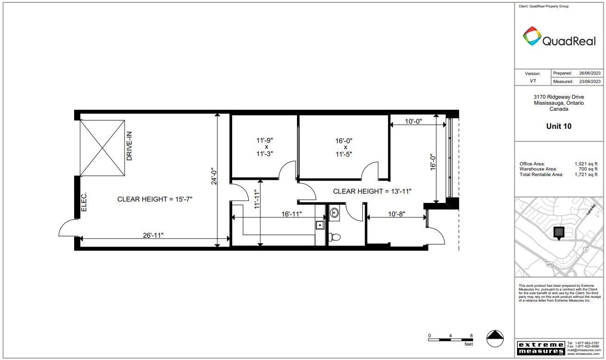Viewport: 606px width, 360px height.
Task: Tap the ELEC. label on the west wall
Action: coord(84,202)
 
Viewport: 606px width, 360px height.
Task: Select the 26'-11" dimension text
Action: coord(153,235)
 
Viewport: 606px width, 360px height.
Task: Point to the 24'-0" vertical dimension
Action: coord(214,177)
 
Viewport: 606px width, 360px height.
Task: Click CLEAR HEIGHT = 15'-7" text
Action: coord(155,199)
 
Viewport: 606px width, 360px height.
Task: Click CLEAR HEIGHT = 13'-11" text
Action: coord(372,191)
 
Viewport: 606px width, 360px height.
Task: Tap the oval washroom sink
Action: coord(335,213)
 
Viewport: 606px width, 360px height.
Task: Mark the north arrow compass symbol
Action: coord(495,338)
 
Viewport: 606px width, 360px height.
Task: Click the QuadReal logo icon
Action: coord(532,36)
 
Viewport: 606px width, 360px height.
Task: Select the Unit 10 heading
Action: coord(559,126)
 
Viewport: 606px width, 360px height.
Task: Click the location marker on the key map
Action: coord(559,233)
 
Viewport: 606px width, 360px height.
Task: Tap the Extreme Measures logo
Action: coord(540,348)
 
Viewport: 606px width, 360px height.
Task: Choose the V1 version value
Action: coord(532,81)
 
